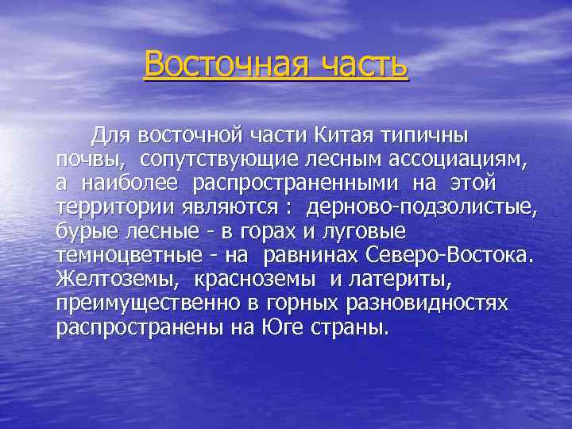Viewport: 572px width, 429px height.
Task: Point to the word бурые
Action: [x=83, y=231]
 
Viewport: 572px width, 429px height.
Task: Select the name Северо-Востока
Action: [x=451, y=254]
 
